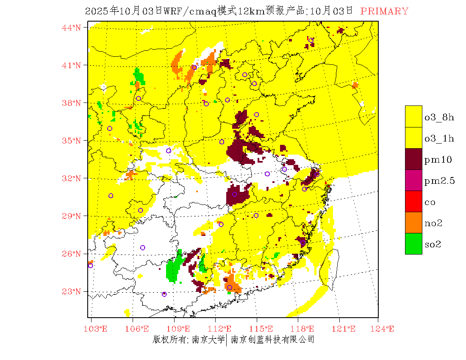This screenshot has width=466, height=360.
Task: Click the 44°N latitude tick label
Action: pyautogui.click(x=72, y=28)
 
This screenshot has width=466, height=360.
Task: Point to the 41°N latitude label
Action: pyautogui.click(x=72, y=65)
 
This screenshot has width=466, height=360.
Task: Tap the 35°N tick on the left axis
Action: pyautogui.click(x=72, y=141)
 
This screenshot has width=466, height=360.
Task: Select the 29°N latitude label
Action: pyautogui.click(x=72, y=216)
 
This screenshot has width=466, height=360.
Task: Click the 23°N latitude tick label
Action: pyautogui.click(x=72, y=291)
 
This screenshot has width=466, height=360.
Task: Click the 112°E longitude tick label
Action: pyautogui.click(x=222, y=329)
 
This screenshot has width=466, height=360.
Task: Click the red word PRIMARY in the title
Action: pyautogui.click(x=384, y=11)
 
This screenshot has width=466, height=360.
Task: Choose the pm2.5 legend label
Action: pyautogui.click(x=440, y=181)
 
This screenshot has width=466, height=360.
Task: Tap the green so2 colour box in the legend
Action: pyautogui.click(x=413, y=244)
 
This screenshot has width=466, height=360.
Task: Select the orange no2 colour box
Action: pyautogui.click(x=413, y=222)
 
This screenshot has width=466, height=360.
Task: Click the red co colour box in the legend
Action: pyautogui.click(x=413, y=201)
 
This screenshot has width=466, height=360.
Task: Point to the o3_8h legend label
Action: pyautogui.click(x=439, y=117)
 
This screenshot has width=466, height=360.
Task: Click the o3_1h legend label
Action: pyautogui.click(x=439, y=138)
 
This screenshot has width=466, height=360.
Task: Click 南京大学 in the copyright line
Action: pyautogui.click(x=208, y=340)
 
